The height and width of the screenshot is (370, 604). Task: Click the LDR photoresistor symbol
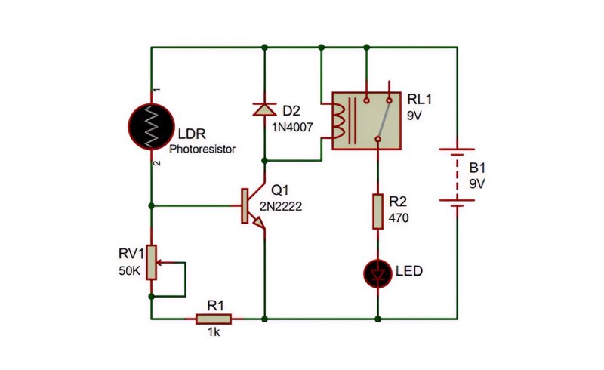click(152, 126)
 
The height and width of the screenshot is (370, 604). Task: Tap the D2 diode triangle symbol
click(264, 109)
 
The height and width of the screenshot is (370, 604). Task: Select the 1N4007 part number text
click(292, 127)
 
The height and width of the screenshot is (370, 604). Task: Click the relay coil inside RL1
click(338, 121)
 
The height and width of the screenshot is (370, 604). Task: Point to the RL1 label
click(420, 100)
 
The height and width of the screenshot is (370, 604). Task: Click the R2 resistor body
click(378, 211)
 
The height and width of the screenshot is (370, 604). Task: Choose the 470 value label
click(399, 218)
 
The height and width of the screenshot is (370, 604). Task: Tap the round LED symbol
click(378, 273)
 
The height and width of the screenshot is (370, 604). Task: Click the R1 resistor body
click(214, 319)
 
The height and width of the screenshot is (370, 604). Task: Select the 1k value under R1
click(214, 331)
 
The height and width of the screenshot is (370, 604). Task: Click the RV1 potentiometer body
click(152, 262)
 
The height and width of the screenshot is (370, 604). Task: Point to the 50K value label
click(130, 271)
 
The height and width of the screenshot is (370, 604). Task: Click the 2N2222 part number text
click(280, 207)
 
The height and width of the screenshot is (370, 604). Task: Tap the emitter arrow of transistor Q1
click(258, 223)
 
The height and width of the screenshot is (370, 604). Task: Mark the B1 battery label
click(477, 168)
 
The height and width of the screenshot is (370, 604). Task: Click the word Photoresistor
click(202, 150)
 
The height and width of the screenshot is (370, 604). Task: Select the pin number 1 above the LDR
click(157, 90)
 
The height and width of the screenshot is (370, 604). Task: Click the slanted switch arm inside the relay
click(384, 120)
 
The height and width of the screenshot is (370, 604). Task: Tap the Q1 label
click(279, 190)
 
